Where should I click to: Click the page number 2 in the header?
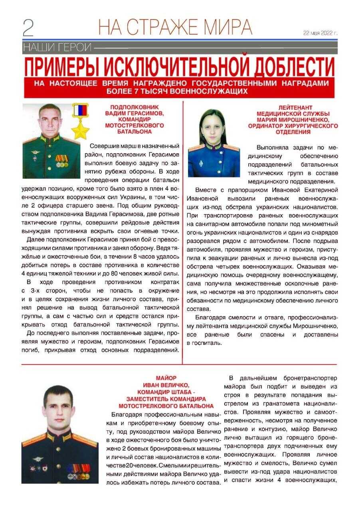coord(28,28)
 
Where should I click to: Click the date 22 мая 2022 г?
coord(320,33)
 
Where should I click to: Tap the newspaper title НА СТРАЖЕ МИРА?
coord(175,27)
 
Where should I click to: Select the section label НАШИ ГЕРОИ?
coord(57,48)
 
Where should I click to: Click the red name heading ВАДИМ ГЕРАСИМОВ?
coord(134,113)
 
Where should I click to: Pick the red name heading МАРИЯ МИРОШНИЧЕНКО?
coord(293,120)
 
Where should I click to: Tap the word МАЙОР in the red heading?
coord(166,378)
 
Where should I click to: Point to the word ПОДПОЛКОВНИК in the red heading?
coord(134,107)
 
